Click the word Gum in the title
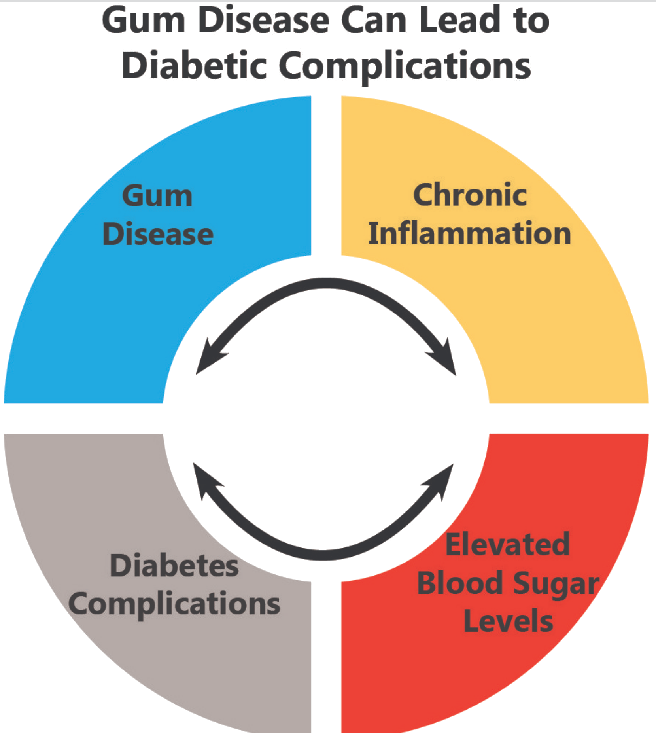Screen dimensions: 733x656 pyautogui.click(x=143, y=21)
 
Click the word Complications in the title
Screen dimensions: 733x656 pyautogui.click(x=405, y=66)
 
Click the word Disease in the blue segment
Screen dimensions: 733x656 pyautogui.click(x=158, y=234)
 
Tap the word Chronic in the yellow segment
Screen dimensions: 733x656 pyautogui.click(x=470, y=195)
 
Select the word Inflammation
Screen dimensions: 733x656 pyautogui.click(x=470, y=233)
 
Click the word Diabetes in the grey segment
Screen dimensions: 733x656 pyautogui.click(x=174, y=566)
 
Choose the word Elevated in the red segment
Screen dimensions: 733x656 pyautogui.click(x=508, y=545)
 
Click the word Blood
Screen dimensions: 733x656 pyautogui.click(x=460, y=583)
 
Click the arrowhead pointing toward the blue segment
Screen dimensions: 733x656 pyautogui.click(x=208, y=358)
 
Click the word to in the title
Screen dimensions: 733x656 pyautogui.click(x=532, y=21)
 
